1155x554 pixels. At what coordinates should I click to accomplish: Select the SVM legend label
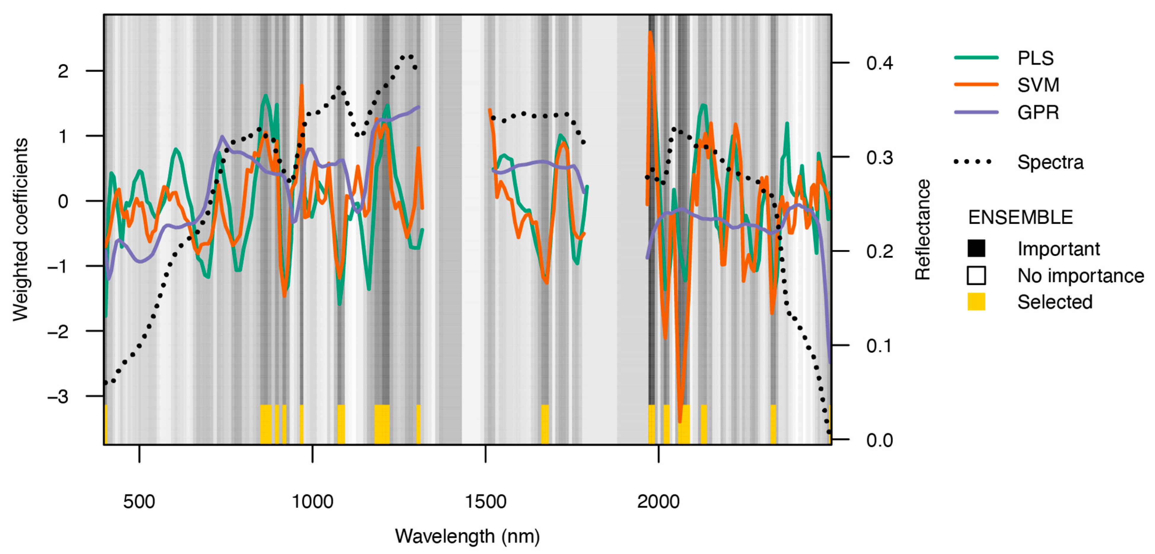1038,85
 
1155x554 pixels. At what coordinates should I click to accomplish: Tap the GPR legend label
1038,112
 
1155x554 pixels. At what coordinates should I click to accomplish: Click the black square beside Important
976,248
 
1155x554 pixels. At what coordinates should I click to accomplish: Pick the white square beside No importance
976,276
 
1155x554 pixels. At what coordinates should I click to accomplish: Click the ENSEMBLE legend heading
1020,218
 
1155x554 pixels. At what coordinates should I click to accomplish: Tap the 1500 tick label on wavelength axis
485,502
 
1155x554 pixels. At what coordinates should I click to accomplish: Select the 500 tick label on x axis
139,502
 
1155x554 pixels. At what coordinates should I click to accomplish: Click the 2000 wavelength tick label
658,502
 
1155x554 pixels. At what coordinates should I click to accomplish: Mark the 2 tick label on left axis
63,71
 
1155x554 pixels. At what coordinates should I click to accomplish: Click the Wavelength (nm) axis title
467,536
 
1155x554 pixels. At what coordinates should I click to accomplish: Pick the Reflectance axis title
923,230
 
